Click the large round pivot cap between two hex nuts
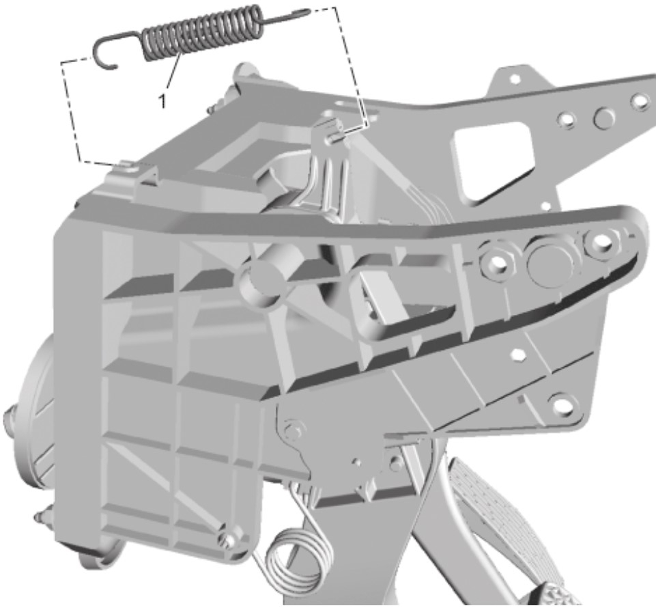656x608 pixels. tap(549, 262)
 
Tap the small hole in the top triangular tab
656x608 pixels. tap(515, 79)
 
